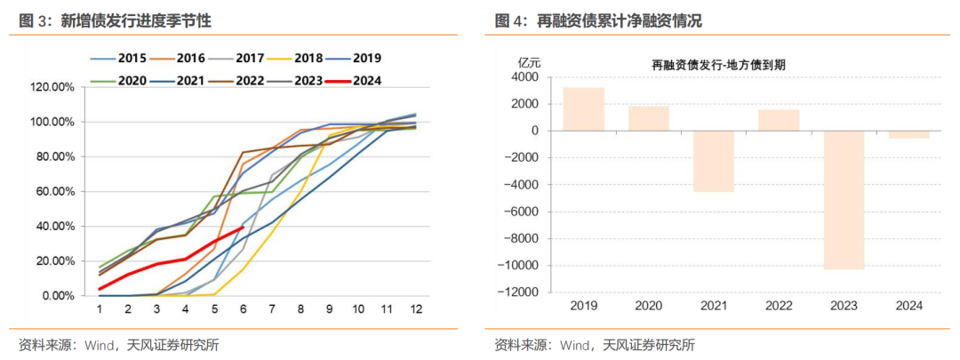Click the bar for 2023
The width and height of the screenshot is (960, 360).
(x=844, y=200)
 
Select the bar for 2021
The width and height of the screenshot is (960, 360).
(x=714, y=161)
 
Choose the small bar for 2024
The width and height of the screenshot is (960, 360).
(x=909, y=134)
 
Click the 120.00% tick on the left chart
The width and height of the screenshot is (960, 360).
(x=52, y=87)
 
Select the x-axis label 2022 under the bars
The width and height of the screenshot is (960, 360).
(x=779, y=305)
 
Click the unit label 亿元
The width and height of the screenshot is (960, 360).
(x=529, y=61)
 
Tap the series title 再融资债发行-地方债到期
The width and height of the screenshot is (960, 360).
(x=726, y=65)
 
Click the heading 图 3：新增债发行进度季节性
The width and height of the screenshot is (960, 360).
(x=116, y=20)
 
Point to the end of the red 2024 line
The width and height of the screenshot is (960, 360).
(x=244, y=228)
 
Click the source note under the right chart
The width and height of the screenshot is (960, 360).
(x=595, y=345)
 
